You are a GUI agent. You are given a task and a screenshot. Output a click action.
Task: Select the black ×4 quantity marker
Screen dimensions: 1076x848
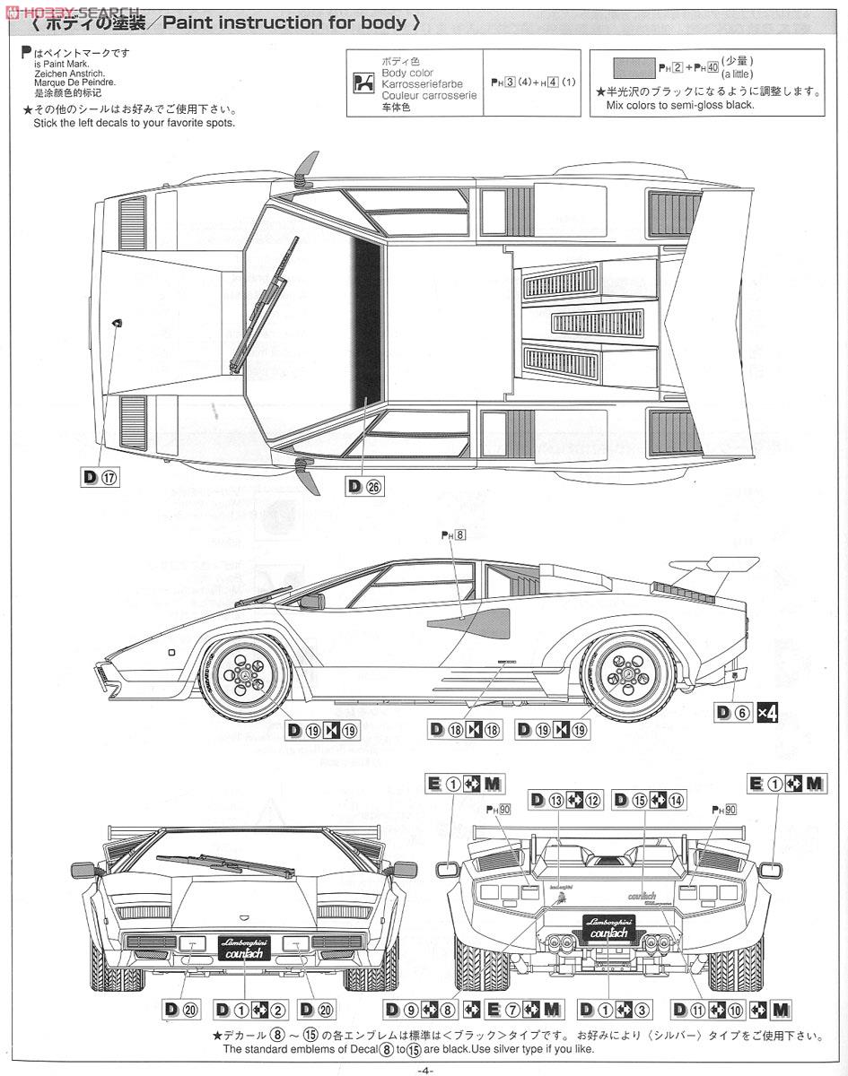[x=766, y=713]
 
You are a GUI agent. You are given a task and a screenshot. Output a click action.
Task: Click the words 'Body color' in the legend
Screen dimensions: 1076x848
[x=407, y=73]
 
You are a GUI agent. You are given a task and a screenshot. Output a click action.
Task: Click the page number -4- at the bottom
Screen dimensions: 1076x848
[x=425, y=1069]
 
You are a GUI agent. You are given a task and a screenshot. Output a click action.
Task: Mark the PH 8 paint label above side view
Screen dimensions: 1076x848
[x=454, y=534]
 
